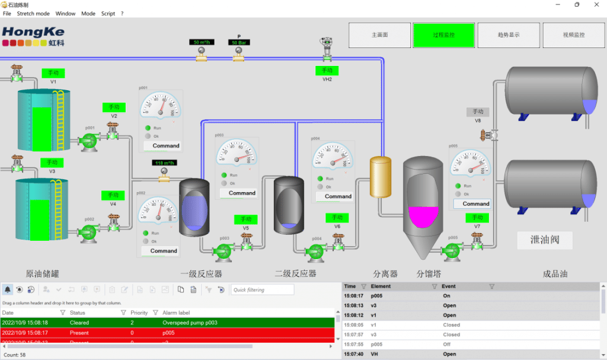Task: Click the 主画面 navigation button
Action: pyautogui.click(x=379, y=35)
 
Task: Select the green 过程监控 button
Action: pyautogui.click(x=443, y=35)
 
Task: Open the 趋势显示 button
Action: pyautogui.click(x=509, y=35)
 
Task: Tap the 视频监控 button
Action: pyautogui.click(x=573, y=35)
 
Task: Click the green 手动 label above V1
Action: pyautogui.click(x=53, y=73)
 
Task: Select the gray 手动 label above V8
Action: pyautogui.click(x=478, y=111)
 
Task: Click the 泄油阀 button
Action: pyautogui.click(x=544, y=240)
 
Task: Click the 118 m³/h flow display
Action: pyautogui.click(x=164, y=163)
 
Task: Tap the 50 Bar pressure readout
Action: pyautogui.click(x=239, y=43)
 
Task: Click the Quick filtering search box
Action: pyautogui.click(x=262, y=290)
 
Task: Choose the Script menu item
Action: pyautogui.click(x=108, y=14)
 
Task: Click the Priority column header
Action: pyautogui.click(x=139, y=313)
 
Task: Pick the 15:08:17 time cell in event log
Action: pyautogui.click(x=353, y=295)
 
